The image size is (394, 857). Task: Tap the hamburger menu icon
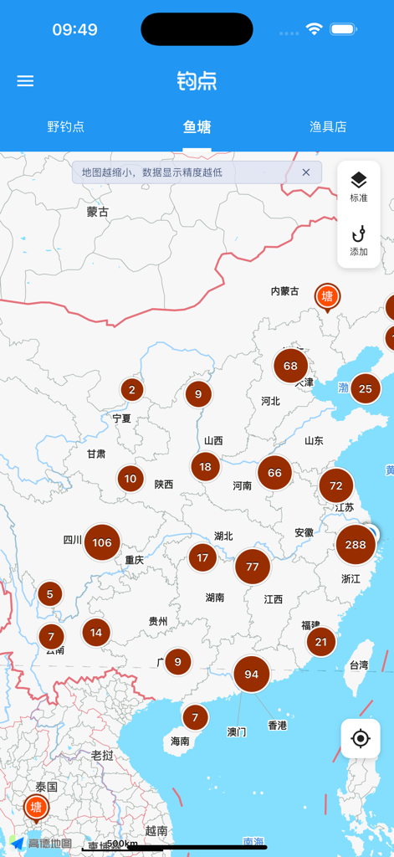pyautogui.click(x=25, y=81)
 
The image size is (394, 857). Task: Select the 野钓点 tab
pyautogui.click(x=65, y=127)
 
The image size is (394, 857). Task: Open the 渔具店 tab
pyautogui.click(x=328, y=127)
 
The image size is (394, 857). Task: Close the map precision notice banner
pyautogui.click(x=306, y=172)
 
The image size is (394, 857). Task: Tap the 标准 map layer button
pyautogui.click(x=359, y=187)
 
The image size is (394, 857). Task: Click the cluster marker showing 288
pyautogui.click(x=356, y=545)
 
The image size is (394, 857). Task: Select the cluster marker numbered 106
pyautogui.click(x=102, y=542)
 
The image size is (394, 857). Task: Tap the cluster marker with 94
pyautogui.click(x=251, y=675)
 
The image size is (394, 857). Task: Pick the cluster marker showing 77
pyautogui.click(x=253, y=567)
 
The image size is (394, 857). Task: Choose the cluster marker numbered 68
pyautogui.click(x=290, y=366)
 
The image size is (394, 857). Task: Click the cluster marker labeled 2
pyautogui.click(x=131, y=389)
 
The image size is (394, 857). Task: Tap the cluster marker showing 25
pyautogui.click(x=365, y=388)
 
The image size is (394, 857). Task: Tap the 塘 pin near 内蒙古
pyautogui.click(x=327, y=297)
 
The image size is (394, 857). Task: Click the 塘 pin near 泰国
pyautogui.click(x=35, y=808)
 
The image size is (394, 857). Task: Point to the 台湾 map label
pyautogui.click(x=358, y=665)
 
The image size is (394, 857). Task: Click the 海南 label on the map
pyautogui.click(x=180, y=741)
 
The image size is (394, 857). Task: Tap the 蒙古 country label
pyautogui.click(x=98, y=212)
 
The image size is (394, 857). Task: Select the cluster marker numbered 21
pyautogui.click(x=320, y=642)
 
